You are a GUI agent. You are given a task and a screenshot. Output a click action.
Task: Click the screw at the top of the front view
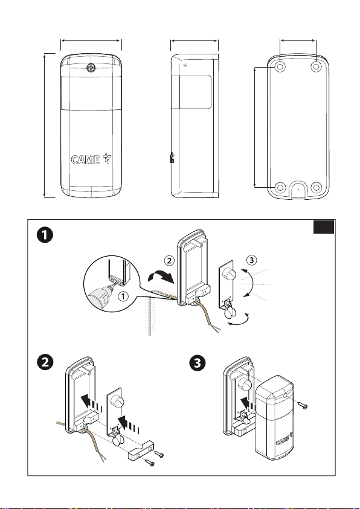point(91,68)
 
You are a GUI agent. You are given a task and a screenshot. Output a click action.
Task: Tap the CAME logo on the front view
point(91,159)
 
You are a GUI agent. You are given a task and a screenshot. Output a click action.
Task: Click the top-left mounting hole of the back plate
point(280,67)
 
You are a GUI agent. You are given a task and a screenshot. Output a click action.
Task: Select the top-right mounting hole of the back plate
point(316,67)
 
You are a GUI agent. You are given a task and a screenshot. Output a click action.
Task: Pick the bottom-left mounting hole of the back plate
point(280,188)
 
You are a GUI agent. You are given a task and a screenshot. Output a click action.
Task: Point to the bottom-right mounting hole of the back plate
point(316,188)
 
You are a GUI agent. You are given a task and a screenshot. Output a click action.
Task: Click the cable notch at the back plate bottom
point(298,189)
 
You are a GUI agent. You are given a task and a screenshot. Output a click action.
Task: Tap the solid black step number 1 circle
point(45,235)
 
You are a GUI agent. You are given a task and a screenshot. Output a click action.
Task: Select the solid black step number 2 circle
point(45,362)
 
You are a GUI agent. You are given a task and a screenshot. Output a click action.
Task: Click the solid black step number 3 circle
point(198,363)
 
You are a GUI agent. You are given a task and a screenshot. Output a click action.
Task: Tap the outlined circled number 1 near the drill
point(123,296)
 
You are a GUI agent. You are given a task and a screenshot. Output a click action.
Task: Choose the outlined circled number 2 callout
point(169,260)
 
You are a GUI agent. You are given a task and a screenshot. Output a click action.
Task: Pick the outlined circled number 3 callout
point(251,260)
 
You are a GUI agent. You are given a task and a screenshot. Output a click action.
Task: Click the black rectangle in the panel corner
point(324,227)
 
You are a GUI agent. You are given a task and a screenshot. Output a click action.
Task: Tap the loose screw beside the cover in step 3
point(302,405)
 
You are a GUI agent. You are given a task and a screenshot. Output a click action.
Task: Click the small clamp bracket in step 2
point(141,450)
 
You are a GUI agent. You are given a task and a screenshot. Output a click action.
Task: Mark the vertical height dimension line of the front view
point(45,126)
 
